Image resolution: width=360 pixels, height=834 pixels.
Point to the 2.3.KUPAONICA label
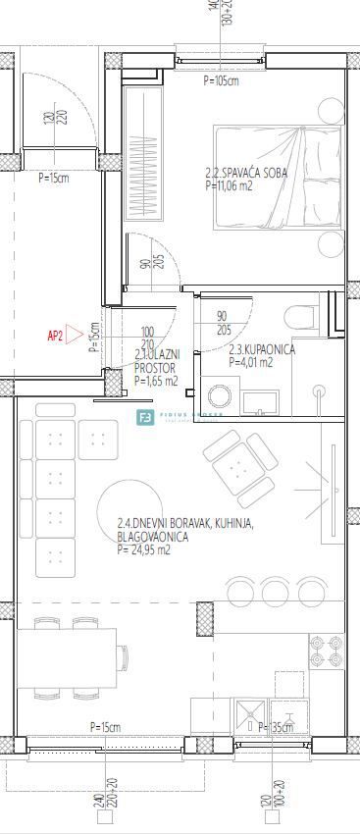coord(261,349)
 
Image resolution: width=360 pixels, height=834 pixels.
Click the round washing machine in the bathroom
coord(219,396)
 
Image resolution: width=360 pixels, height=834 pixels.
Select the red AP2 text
coord(55,336)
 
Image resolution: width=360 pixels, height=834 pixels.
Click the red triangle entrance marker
coord(75,336)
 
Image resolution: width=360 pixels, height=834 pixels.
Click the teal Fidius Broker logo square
coord(144,416)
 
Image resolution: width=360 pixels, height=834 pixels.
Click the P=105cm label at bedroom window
coord(221,81)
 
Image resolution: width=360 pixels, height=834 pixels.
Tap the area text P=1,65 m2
coord(155,381)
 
